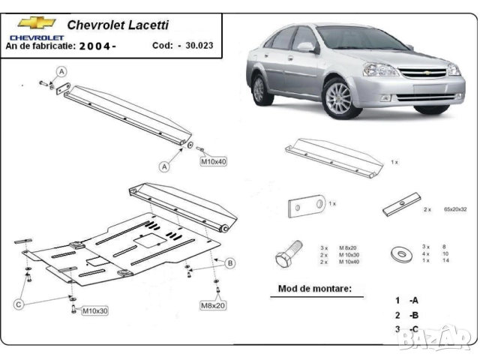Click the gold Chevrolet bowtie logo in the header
click(32, 23)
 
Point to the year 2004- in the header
click(97, 46)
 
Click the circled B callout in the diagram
click(230, 262)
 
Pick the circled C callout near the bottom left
click(19, 304)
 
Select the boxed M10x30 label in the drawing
click(95, 310)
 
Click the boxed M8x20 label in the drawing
click(214, 305)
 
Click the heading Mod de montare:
click(314, 287)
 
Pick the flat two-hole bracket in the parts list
click(307, 205)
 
